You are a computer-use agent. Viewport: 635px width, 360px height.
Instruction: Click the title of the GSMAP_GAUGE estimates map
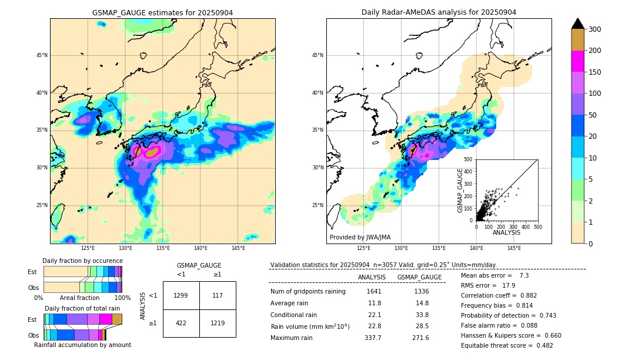[162, 12]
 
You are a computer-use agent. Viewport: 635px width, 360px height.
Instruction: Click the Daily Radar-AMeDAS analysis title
[439, 12]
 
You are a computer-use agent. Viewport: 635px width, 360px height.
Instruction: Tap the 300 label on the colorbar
[594, 29]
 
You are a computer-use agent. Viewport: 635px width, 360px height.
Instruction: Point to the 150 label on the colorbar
[594, 72]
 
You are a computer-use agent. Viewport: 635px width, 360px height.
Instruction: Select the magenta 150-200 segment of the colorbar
[577, 61]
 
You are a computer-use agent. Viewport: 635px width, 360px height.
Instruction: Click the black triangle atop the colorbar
[577, 24]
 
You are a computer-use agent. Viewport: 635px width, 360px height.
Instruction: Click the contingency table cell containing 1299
[181, 295]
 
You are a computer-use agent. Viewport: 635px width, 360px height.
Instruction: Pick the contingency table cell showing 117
[218, 295]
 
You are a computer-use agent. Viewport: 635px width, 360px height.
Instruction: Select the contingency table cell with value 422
[181, 322]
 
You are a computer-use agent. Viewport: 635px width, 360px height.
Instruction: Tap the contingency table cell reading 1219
[218, 322]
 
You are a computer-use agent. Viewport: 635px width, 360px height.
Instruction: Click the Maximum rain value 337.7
[373, 338]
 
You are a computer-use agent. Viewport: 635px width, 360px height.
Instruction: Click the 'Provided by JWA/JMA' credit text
[360, 238]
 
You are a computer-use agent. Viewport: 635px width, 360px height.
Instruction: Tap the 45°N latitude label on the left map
[41, 55]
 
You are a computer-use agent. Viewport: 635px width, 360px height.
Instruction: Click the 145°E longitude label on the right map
[514, 248]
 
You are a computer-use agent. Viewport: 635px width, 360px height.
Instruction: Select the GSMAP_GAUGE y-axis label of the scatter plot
[461, 190]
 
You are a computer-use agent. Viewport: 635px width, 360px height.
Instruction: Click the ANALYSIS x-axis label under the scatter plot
[506, 233]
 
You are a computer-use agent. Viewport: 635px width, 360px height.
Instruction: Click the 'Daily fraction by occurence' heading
[82, 261]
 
